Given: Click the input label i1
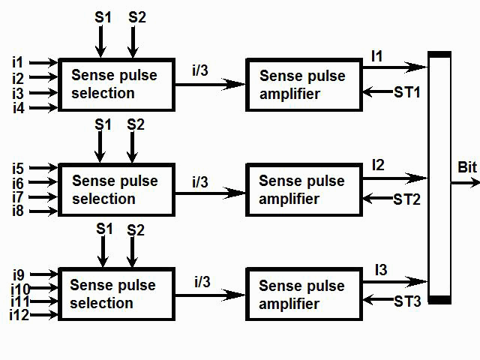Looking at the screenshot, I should [x=17, y=62].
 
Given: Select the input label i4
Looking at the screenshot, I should [x=18, y=109].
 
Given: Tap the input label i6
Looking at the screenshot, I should [x=18, y=182].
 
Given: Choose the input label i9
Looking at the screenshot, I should [x=18, y=272].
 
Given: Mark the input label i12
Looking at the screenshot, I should [x=19, y=315].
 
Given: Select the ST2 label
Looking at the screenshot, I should [x=408, y=199].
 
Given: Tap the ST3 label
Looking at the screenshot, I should [x=408, y=301].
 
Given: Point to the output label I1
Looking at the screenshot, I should [x=376, y=56].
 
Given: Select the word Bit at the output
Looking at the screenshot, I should [x=466, y=166].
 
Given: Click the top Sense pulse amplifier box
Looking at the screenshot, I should [x=303, y=85].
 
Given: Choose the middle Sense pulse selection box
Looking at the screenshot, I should [x=116, y=190].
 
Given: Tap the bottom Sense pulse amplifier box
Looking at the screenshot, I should [x=303, y=295].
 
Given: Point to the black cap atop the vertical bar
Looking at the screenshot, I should [x=439, y=54].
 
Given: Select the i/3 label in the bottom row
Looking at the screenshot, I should [x=202, y=282].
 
